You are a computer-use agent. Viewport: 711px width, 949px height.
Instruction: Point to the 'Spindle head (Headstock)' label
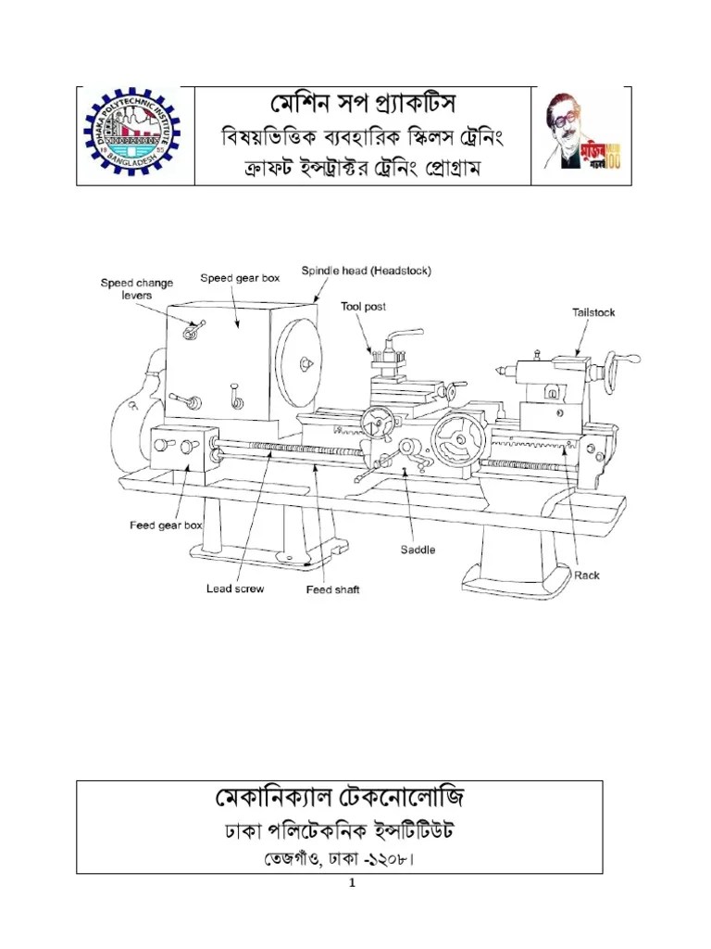tap(366, 271)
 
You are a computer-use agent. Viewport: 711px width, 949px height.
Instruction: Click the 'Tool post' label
tap(363, 306)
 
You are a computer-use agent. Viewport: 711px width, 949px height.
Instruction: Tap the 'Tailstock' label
tap(592, 312)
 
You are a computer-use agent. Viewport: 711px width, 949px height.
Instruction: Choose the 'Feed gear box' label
tap(166, 525)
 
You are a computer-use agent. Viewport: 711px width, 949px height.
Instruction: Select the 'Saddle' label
tap(418, 549)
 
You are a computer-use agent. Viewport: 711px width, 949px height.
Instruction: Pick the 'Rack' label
tap(586, 575)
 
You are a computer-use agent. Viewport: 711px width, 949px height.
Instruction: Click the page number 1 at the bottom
tap(352, 883)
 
